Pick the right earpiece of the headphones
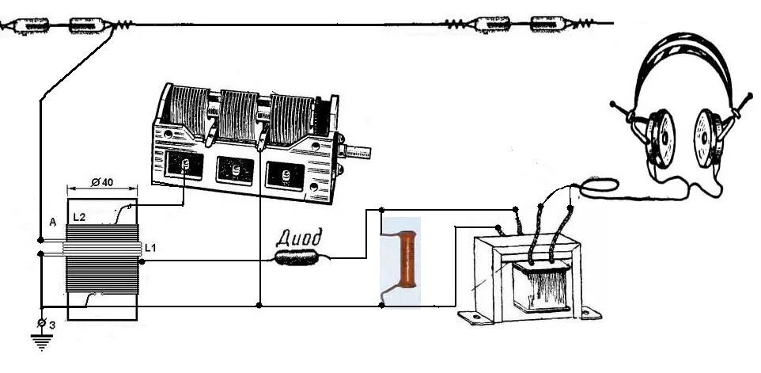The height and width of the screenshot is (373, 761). pyautogui.click(x=710, y=134)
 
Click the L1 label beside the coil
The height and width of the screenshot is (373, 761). pyautogui.click(x=150, y=249)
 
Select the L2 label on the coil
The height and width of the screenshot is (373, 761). pyautogui.click(x=79, y=216)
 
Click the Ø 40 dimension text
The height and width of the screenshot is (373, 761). pyautogui.click(x=101, y=183)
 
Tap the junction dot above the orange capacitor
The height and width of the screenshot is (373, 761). pyautogui.click(x=382, y=211)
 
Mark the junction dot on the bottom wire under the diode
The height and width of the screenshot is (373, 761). pyautogui.click(x=259, y=305)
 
